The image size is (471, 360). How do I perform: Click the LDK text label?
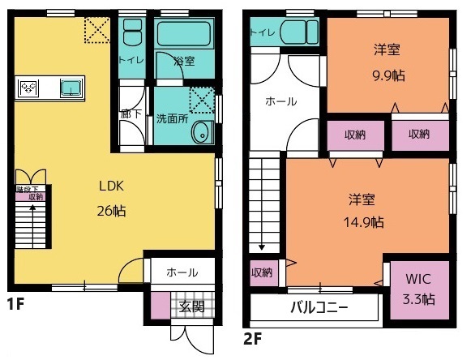point(111,186)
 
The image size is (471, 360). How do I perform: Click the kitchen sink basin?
point(72,85)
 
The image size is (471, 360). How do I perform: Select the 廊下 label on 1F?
point(131,114)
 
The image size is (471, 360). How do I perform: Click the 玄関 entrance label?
point(192,306)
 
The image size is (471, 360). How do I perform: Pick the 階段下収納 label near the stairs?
point(30,193)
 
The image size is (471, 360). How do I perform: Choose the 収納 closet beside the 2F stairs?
point(261,272)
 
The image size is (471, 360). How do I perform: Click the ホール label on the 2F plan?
point(281,102)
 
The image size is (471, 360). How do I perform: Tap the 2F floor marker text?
point(253,334)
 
